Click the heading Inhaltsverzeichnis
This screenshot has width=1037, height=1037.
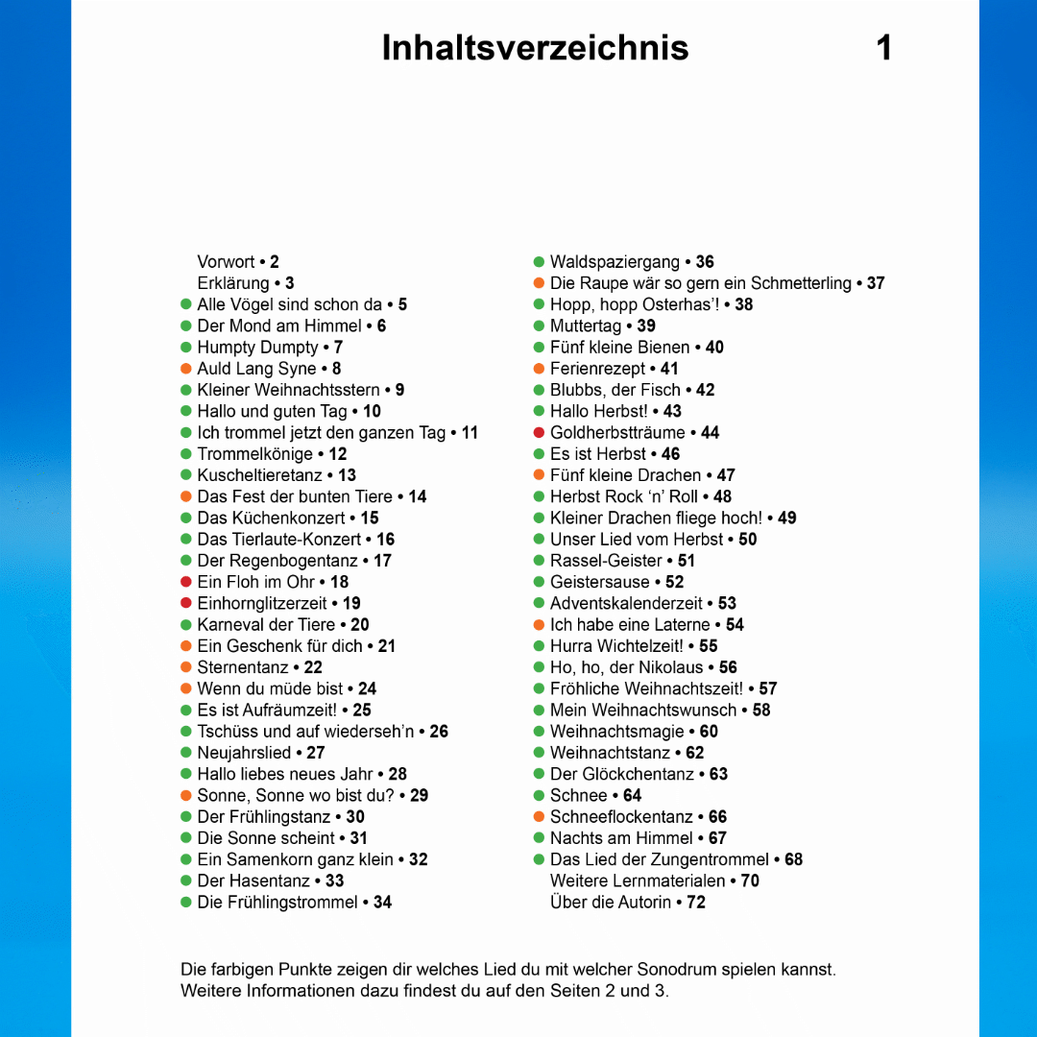coord(535,47)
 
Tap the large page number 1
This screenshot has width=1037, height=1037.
coord(884,47)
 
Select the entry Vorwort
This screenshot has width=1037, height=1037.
coord(227,262)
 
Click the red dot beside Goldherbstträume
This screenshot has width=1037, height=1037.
coord(540,433)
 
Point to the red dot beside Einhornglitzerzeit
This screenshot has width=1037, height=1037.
coord(186,604)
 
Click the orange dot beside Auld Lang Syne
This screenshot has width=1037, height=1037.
coord(186,369)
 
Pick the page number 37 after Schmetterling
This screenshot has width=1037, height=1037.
coord(876,283)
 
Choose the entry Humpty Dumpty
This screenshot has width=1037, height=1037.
coord(257,348)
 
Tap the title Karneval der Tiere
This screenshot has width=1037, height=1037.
coord(266,625)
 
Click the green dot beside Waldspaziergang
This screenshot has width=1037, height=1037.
coord(540,262)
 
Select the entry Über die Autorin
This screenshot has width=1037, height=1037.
coord(611,903)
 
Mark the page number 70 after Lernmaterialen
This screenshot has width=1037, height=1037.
coord(750,881)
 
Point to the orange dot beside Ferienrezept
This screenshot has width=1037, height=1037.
coord(540,369)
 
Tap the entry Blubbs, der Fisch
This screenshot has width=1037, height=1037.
coord(615,390)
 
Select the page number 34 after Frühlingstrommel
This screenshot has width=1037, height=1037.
coord(382,903)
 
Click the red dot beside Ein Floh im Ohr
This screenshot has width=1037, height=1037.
coord(186,582)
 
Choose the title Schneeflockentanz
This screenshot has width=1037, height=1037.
coord(621,817)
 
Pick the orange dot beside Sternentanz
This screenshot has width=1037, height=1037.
coord(186,667)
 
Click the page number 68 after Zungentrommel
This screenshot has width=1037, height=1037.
coord(793,859)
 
